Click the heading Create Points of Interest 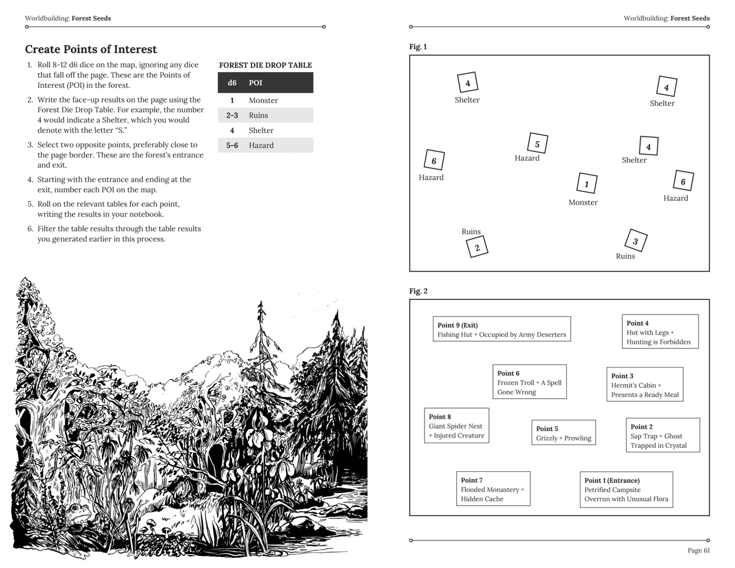[x=91, y=49]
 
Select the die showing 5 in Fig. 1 [x=537, y=143]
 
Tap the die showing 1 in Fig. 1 [x=586, y=184]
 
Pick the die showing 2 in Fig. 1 [x=477, y=248]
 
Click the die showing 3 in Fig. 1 [x=635, y=241]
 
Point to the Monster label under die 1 [x=583, y=202]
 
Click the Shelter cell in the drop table [x=261, y=130]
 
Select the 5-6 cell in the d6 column [x=232, y=145]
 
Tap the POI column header [x=255, y=83]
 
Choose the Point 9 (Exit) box [x=502, y=330]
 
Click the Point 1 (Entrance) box [x=626, y=489]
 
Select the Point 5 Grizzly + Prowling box [x=563, y=433]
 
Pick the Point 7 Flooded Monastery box [x=493, y=489]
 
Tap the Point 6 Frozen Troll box [x=529, y=382]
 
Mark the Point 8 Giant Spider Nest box [x=456, y=426]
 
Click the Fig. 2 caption [x=418, y=291]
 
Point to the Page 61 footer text [x=698, y=550]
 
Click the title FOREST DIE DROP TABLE [x=265, y=65]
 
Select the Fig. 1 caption [x=418, y=47]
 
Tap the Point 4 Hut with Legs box [x=660, y=332]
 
